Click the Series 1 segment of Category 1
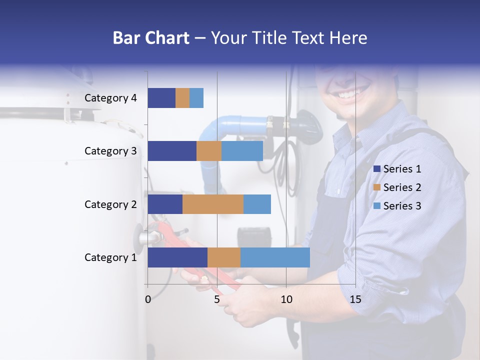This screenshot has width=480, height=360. [177, 257]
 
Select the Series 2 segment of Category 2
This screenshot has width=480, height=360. [213, 204]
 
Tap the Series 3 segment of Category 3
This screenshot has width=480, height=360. [242, 151]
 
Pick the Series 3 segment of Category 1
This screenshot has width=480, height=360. [275, 257]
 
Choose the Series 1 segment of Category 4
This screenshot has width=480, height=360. [161, 98]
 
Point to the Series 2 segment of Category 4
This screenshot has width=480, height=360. [182, 98]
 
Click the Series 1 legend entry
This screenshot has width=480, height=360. [397, 169]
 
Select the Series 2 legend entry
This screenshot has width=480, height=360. [397, 187]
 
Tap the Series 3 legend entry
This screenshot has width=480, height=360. [397, 206]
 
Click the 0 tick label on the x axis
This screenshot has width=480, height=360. [148, 299]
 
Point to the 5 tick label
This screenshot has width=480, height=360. [217, 299]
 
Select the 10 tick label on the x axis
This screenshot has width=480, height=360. [286, 299]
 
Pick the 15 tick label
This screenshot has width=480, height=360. [355, 299]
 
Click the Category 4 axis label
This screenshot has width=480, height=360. [110, 98]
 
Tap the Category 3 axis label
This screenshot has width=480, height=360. [110, 151]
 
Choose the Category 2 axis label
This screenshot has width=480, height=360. [110, 204]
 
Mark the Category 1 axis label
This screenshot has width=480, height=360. [110, 257]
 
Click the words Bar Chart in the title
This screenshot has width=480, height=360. [151, 38]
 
